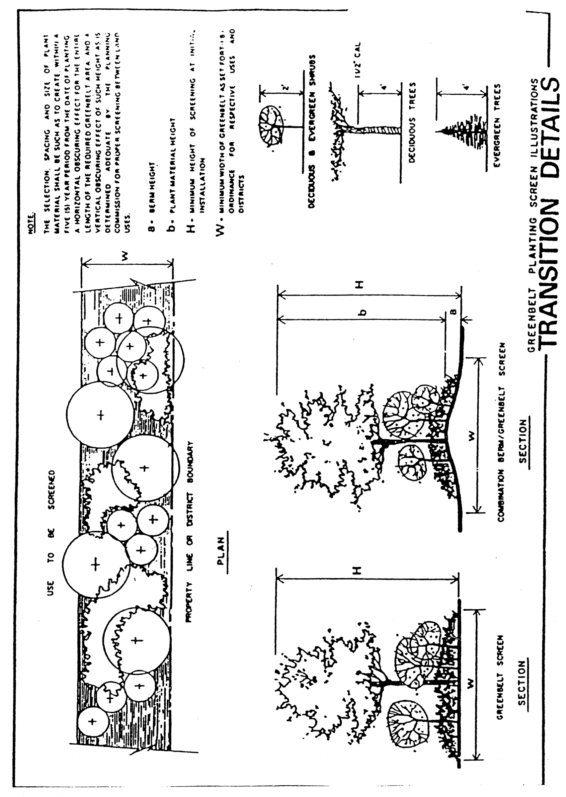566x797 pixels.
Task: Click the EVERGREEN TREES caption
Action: click(x=498, y=126)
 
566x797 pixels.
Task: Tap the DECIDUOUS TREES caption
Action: click(x=413, y=122)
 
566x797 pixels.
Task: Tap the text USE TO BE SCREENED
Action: click(x=51, y=533)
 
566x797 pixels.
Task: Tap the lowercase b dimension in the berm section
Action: click(x=363, y=312)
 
